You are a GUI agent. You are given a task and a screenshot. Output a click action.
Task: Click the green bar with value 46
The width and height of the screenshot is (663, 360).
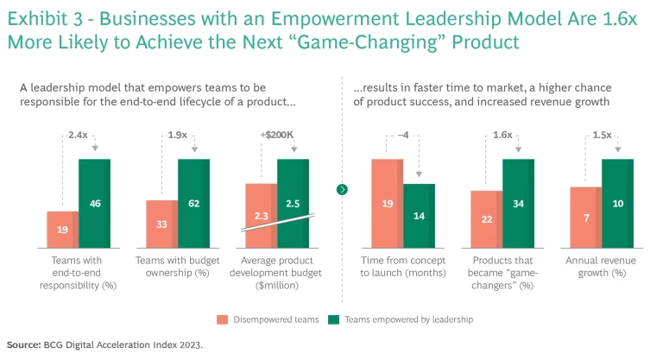click(x=95, y=204)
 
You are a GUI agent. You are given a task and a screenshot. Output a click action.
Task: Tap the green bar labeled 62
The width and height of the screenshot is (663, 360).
click(x=194, y=204)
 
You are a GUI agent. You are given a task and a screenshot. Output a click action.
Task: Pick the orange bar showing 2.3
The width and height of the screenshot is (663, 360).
click(x=261, y=216)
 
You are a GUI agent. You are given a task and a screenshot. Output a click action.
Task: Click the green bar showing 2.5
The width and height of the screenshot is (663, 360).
click(x=294, y=204)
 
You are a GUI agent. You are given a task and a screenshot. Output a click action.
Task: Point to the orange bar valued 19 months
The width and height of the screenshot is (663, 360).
click(x=388, y=204)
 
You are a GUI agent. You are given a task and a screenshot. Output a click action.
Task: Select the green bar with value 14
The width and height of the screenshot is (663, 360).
click(x=419, y=216)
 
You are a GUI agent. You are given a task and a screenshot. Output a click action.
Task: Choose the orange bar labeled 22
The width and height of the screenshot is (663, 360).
click(x=487, y=220)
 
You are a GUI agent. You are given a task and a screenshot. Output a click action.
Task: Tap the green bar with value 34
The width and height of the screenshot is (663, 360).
click(x=519, y=204)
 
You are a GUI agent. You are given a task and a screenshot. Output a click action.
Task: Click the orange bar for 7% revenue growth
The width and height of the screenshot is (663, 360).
click(x=586, y=218)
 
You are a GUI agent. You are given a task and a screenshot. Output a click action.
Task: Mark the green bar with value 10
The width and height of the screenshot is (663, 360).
click(x=618, y=204)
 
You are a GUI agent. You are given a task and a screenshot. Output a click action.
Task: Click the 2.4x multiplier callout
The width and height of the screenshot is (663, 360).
click(x=79, y=136)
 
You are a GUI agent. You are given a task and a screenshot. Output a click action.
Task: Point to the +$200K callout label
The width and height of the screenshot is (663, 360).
click(x=277, y=136)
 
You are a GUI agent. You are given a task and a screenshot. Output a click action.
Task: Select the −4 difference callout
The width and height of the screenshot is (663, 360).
click(x=403, y=136)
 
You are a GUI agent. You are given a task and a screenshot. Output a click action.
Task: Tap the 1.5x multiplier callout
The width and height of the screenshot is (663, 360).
click(x=602, y=136)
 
